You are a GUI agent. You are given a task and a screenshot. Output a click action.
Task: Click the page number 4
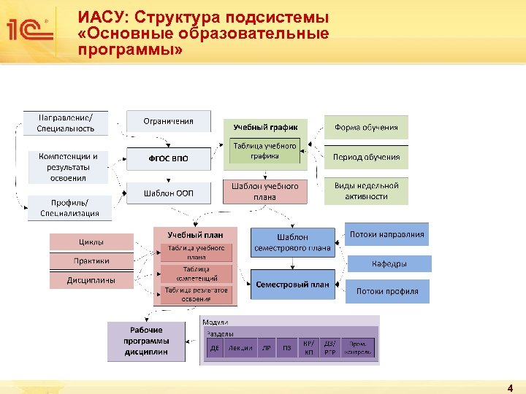[x=509, y=388]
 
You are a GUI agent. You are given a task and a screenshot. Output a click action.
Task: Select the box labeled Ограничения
[x=168, y=121]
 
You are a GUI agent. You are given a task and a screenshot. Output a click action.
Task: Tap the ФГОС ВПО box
[x=168, y=158]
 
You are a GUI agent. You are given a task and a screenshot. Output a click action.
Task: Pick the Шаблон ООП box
[x=168, y=193]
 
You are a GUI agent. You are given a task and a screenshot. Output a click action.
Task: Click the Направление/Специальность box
[x=66, y=123]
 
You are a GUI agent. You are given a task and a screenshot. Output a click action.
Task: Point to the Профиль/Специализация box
[x=69, y=208]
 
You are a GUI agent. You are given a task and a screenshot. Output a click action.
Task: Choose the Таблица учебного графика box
[x=265, y=151]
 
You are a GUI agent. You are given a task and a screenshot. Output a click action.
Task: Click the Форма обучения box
[x=366, y=127]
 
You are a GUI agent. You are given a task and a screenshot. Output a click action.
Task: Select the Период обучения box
[x=366, y=157]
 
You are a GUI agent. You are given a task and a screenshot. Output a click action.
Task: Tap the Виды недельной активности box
[x=366, y=191]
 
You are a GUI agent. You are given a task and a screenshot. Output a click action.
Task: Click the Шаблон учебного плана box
[x=265, y=191]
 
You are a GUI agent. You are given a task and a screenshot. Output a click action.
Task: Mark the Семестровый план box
[x=292, y=285]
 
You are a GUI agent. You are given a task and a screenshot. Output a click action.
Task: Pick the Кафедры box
[x=389, y=263]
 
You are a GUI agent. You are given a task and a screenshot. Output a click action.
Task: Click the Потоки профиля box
[x=387, y=291]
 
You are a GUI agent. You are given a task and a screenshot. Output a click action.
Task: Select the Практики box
[x=91, y=260]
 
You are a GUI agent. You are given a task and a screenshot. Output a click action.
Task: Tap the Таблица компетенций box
[x=196, y=274]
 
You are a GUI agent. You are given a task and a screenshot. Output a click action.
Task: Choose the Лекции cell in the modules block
[x=240, y=348]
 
